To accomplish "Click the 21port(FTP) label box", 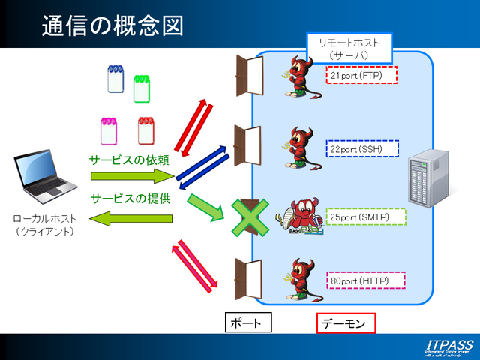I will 361,75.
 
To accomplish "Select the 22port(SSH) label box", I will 362,148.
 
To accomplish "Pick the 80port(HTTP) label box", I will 366,280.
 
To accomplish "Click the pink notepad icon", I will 109,130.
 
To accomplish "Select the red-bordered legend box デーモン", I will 345,323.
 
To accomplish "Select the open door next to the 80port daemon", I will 248,277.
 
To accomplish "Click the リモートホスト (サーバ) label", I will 349,49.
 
